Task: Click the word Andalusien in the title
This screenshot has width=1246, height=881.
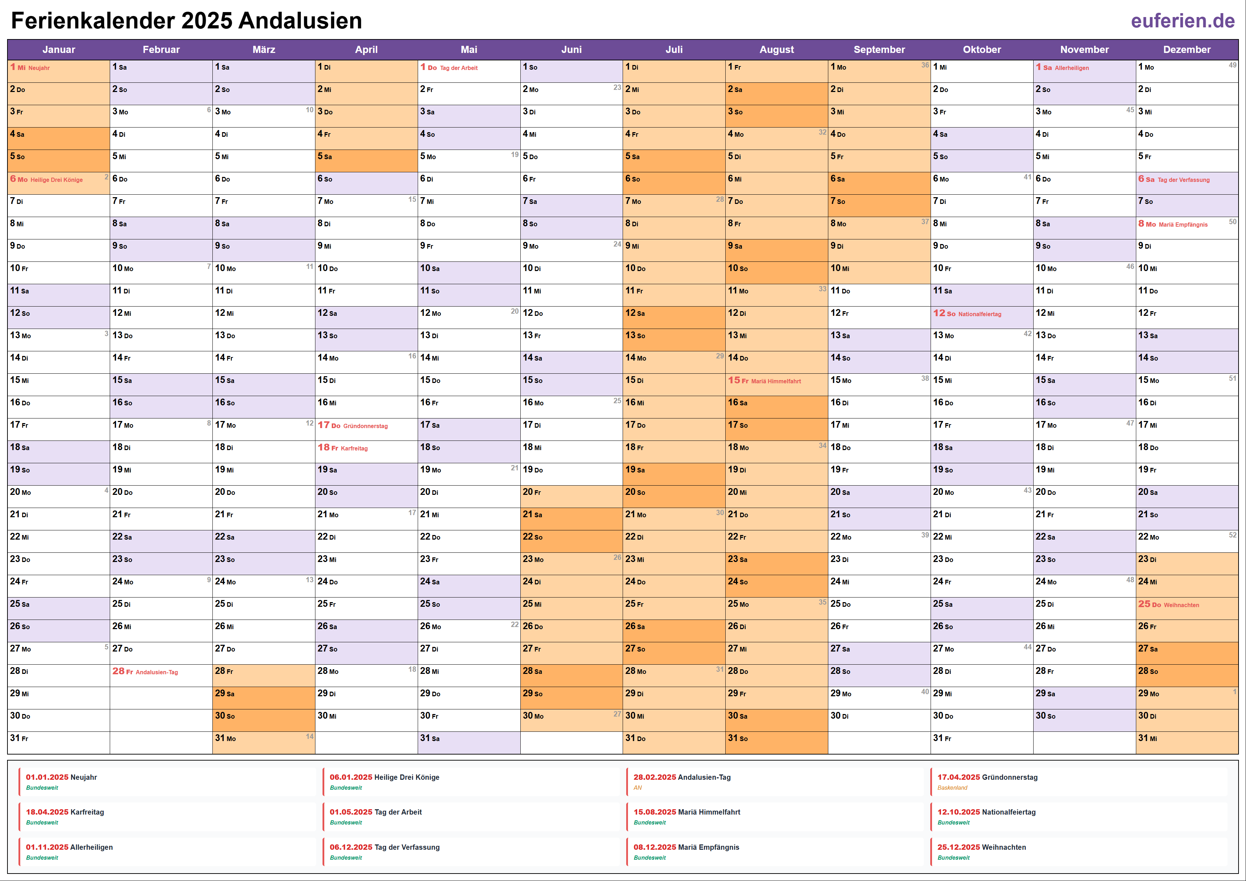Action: coord(300,21)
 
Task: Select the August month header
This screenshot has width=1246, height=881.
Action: coord(776,49)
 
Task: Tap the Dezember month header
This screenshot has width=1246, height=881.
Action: coord(1186,49)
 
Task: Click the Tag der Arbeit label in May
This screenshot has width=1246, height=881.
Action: coord(459,68)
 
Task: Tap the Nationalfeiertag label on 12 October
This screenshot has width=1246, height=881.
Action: coord(980,314)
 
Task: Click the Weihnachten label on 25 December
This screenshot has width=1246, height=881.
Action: coord(1181,605)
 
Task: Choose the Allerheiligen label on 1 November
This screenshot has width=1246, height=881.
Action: coord(1071,68)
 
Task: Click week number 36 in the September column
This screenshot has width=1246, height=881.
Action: coord(925,65)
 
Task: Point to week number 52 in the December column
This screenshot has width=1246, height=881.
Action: coord(1233,535)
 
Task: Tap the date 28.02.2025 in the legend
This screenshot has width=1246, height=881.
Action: coord(655,777)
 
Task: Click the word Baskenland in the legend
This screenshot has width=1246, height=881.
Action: coord(952,788)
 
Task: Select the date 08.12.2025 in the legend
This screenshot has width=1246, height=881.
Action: coord(655,847)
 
